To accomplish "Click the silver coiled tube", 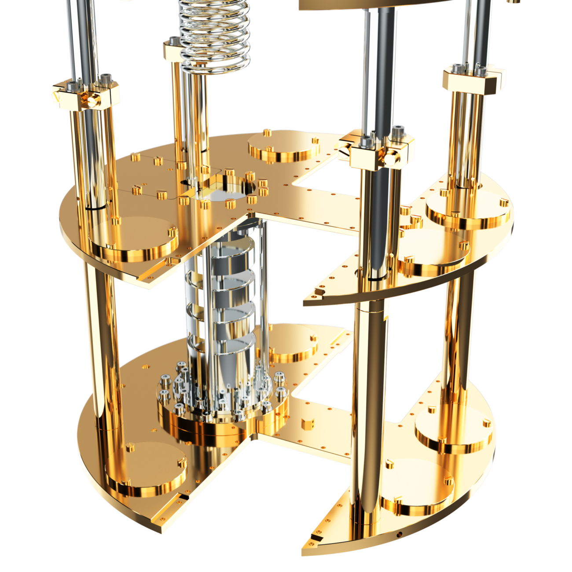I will (x=215, y=35).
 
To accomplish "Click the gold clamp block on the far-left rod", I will (x=86, y=95).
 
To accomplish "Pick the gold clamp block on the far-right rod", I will (x=473, y=79).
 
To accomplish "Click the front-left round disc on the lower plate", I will (x=145, y=471).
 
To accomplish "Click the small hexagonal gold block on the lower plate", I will (x=306, y=425).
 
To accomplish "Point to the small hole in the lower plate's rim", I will (x=400, y=534).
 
